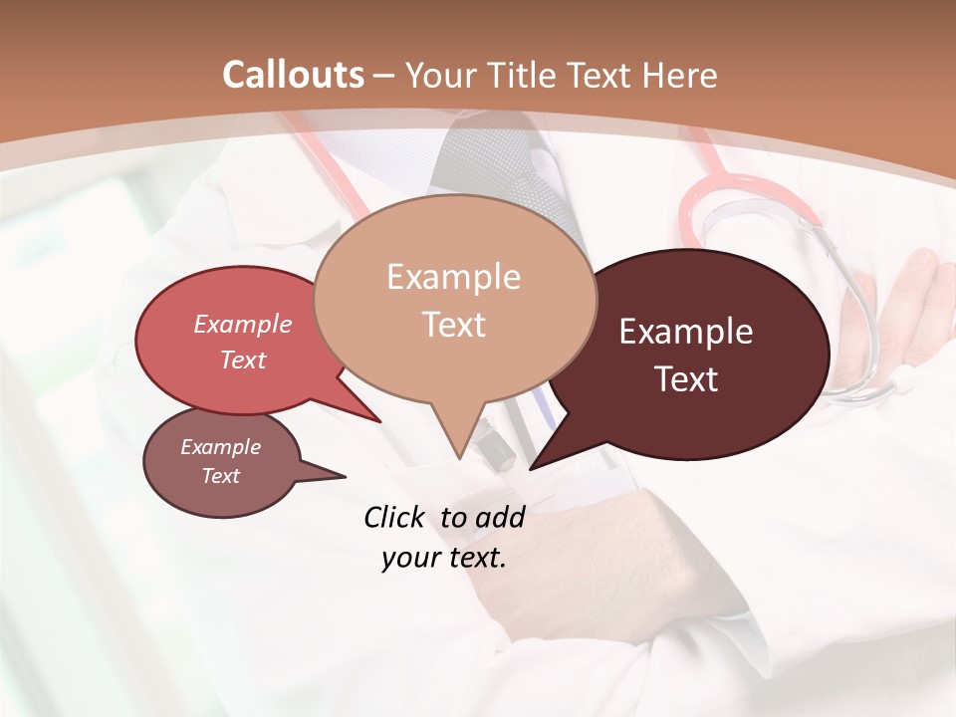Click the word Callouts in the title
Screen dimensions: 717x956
[293, 75]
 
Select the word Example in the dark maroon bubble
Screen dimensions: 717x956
[685, 332]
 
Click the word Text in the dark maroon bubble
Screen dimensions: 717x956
[685, 379]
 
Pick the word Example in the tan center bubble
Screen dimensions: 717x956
[453, 277]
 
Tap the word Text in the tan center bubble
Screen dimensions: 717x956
[453, 325]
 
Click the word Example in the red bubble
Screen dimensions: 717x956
[242, 325]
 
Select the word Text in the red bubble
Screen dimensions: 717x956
[242, 359]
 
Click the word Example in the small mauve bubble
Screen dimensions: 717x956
[220, 447]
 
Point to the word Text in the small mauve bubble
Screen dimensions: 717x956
[220, 476]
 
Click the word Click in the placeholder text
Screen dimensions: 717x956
[395, 517]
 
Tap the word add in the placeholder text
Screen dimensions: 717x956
[499, 517]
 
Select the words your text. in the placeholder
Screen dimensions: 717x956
[443, 558]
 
